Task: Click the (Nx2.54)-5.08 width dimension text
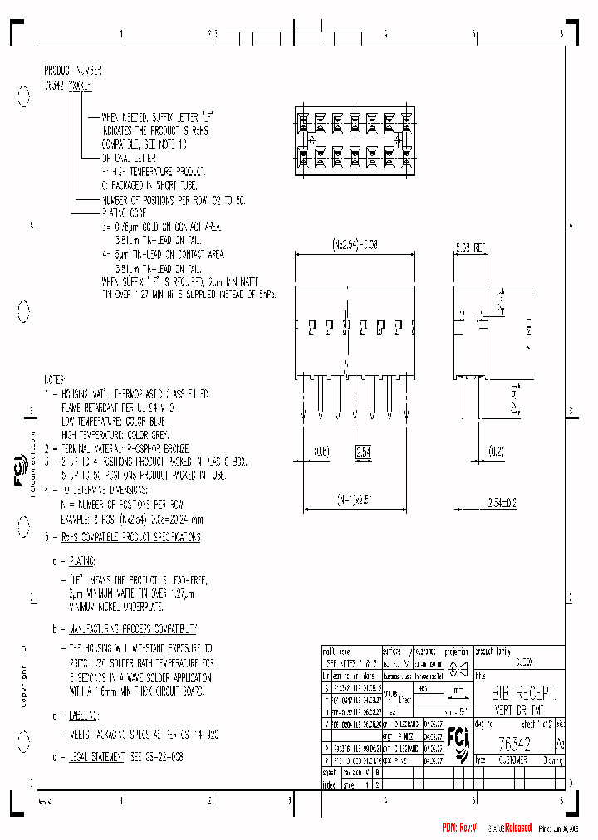tap(355, 245)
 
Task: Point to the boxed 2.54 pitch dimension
tap(364, 451)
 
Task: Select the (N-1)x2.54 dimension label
tap(355, 499)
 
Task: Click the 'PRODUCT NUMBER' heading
tap(73, 72)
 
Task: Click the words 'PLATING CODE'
tap(124, 213)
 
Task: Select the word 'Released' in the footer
tap(516, 828)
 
